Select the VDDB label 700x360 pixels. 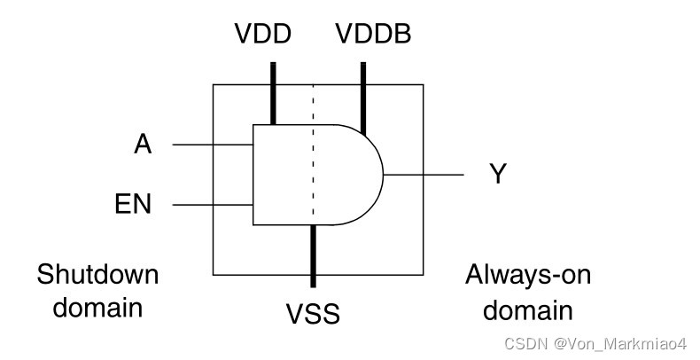tap(373, 35)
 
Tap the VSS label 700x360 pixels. tap(313, 314)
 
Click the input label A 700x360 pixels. tap(143, 144)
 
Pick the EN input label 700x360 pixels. tap(134, 205)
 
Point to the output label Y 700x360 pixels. tap(498, 174)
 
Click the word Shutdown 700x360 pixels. tap(97, 275)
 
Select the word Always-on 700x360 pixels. tap(528, 275)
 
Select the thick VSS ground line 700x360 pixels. tap(313, 257)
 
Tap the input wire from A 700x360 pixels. tap(213, 144)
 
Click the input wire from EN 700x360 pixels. tap(213, 205)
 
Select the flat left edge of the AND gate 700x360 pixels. tap(253, 175)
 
